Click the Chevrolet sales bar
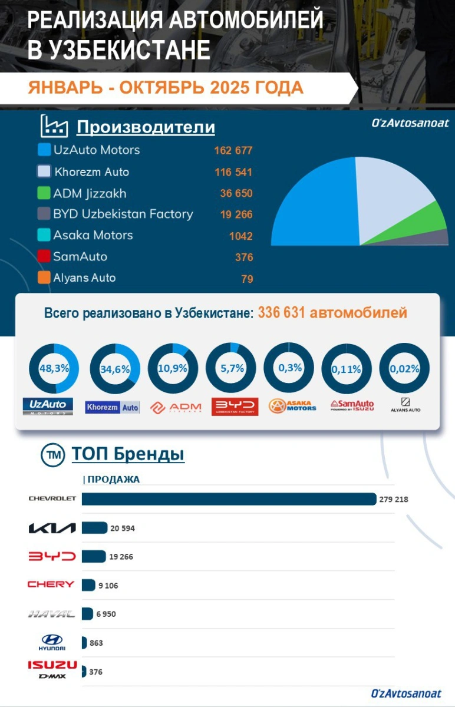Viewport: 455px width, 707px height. coord(229,499)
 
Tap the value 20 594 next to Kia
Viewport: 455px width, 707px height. coord(123,528)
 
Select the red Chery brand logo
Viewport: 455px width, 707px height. coord(51,584)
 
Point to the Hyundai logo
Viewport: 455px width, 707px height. coord(52,642)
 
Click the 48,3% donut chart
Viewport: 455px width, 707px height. coord(54,368)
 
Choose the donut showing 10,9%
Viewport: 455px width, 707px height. coord(173,368)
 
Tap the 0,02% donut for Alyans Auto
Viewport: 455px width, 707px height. coord(404,368)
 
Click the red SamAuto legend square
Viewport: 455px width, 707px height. coord(44,257)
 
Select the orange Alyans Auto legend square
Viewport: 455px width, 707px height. coord(44,278)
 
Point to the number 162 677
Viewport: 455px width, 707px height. coord(233,151)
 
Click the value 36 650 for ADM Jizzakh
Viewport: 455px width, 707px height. coord(236,193)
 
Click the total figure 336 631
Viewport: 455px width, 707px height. coord(281,312)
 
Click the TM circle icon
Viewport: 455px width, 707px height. coord(52,455)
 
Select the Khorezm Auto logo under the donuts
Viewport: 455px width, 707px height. coord(113,407)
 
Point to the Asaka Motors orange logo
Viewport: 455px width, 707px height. coord(292,406)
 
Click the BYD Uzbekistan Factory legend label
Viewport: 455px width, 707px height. coord(123,214)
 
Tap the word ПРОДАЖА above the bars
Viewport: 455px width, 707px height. coord(114,480)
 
